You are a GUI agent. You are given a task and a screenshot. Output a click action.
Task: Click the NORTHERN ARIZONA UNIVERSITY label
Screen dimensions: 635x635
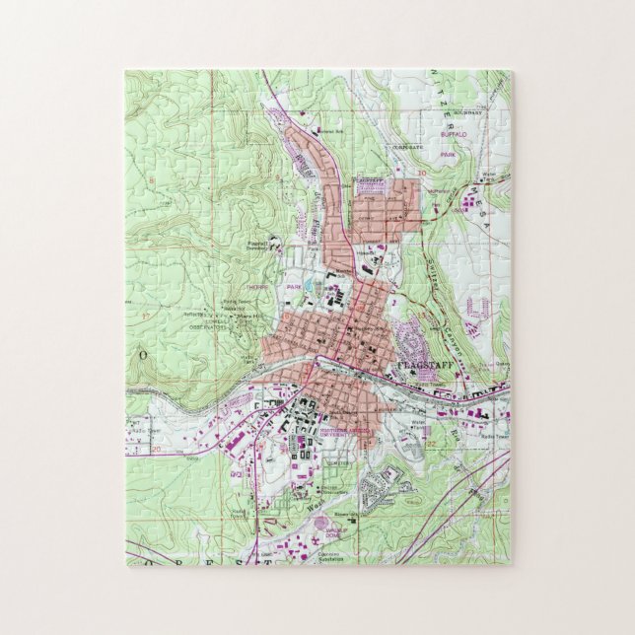pos(322,427)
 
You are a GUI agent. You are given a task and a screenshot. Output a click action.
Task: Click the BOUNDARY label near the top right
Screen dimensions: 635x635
pos(468,112)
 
